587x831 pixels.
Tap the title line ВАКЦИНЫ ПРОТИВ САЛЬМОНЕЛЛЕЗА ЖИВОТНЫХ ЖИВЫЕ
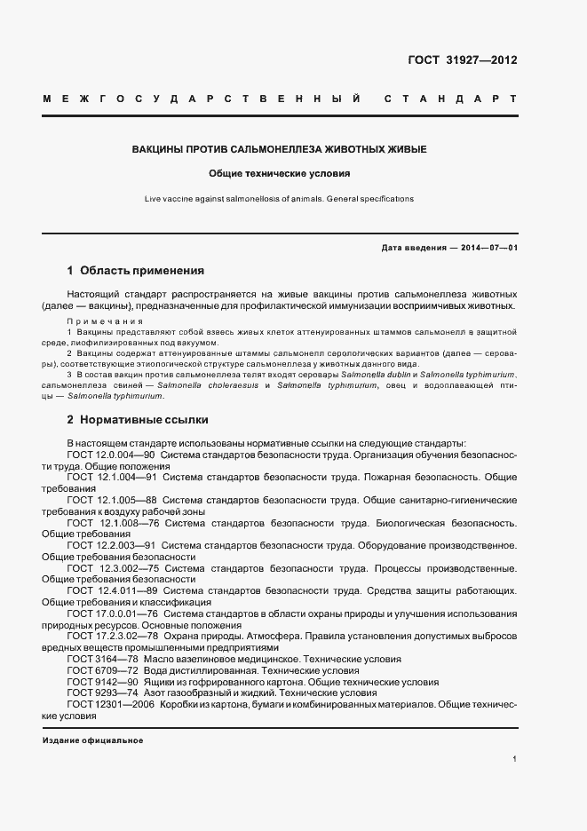pyautogui.click(x=280, y=149)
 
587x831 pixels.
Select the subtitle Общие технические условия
pyautogui.click(x=280, y=174)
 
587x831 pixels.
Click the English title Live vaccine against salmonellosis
pyautogui.click(x=280, y=199)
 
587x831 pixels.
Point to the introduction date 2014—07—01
pyautogui.click(x=486, y=248)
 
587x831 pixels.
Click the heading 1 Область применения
pyautogui.click(x=136, y=270)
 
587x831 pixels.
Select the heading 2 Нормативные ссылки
pyautogui.click(x=138, y=419)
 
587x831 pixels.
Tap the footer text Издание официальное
pyautogui.click(x=92, y=740)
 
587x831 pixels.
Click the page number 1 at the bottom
pyautogui.click(x=515, y=759)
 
